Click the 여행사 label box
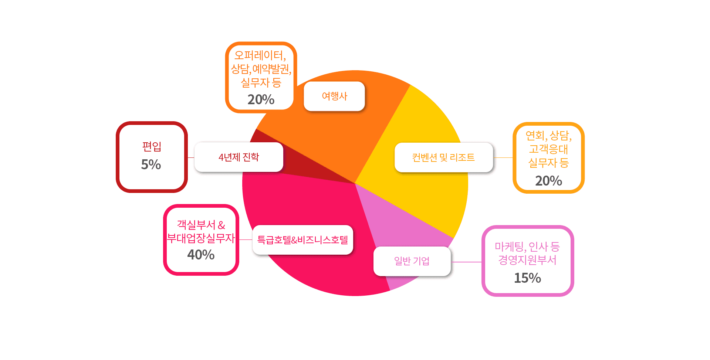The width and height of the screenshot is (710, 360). click(x=334, y=96)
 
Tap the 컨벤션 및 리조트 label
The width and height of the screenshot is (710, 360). click(x=443, y=157)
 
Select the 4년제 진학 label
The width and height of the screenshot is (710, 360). click(x=239, y=157)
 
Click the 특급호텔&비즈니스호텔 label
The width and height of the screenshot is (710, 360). click(x=302, y=240)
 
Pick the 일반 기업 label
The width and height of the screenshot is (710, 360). click(x=412, y=261)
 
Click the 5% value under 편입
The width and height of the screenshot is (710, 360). click(x=151, y=164)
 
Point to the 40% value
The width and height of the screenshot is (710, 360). click(x=201, y=255)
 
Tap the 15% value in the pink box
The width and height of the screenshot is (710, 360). click(x=527, y=278)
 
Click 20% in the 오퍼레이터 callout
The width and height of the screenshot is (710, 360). click(x=261, y=99)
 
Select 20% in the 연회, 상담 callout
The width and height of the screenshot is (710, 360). click(x=548, y=181)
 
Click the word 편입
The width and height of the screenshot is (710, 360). click(x=152, y=147)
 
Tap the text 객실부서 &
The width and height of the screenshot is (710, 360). click(x=201, y=225)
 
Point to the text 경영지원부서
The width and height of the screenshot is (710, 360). click(x=527, y=260)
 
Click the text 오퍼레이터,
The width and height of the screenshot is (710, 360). click(x=260, y=55)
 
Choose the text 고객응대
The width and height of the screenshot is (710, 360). click(x=548, y=149)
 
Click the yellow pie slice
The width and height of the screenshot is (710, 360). click(x=425, y=122)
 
